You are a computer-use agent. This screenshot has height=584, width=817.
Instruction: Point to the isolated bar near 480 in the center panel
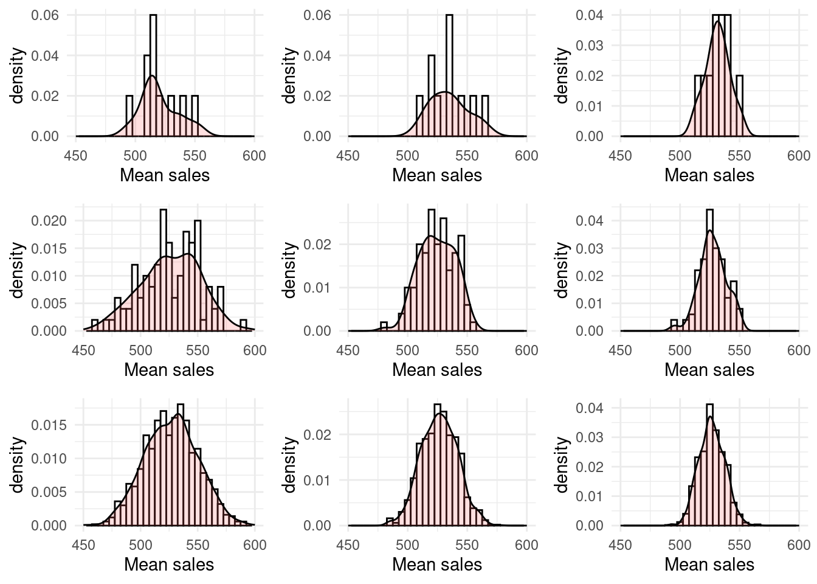pyautogui.click(x=384, y=327)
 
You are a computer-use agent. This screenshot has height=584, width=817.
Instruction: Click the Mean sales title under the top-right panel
pyautogui.click(x=709, y=175)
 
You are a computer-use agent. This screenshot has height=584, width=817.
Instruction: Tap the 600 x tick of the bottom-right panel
pyautogui.click(x=798, y=544)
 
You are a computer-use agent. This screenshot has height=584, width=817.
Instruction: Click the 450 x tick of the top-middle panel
pyautogui.click(x=348, y=156)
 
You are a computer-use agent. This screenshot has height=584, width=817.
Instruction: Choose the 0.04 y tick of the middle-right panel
pyautogui.click(x=590, y=220)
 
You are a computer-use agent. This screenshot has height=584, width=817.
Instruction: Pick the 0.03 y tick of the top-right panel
pyautogui.click(x=590, y=46)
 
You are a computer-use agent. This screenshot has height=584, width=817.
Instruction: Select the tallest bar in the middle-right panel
pyautogui.click(x=709, y=270)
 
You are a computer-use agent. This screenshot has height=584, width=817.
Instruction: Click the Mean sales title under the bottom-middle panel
pyautogui.click(x=436, y=565)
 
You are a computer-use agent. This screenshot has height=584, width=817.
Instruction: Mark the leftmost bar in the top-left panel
pyautogui.click(x=129, y=116)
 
